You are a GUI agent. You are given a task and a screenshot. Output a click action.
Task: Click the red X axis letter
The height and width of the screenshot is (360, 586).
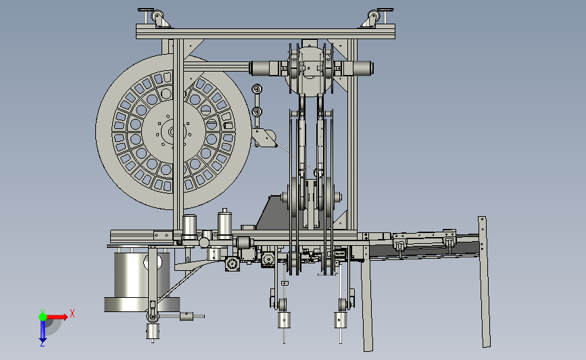(72, 313)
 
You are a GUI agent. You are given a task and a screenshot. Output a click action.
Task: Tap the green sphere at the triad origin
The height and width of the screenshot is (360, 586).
(43, 317)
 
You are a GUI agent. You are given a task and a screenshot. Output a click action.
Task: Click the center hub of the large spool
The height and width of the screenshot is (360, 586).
(172, 132)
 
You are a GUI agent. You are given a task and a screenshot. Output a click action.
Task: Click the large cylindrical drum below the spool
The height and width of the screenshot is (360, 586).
(141, 281)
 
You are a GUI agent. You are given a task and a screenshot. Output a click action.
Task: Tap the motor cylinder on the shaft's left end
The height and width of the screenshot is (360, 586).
(262, 68)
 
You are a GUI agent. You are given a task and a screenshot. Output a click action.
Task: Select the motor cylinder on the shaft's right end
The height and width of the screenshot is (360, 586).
(358, 68)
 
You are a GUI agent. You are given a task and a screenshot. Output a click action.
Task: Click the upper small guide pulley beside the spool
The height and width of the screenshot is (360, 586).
(257, 89)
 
